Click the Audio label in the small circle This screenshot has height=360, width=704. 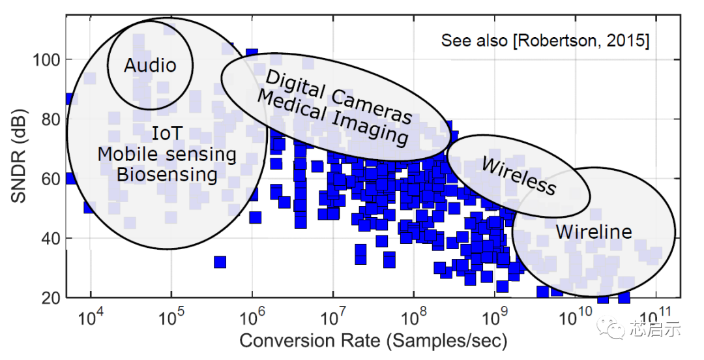[150, 65]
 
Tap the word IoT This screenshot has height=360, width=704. [167, 134]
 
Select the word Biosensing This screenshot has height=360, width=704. [167, 175]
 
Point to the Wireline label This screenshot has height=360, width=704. [593, 232]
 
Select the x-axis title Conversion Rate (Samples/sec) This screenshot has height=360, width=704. [373, 340]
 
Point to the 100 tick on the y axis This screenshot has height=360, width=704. [47, 60]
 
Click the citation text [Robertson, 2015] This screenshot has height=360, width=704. [581, 40]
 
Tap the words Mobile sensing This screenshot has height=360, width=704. [167, 155]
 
